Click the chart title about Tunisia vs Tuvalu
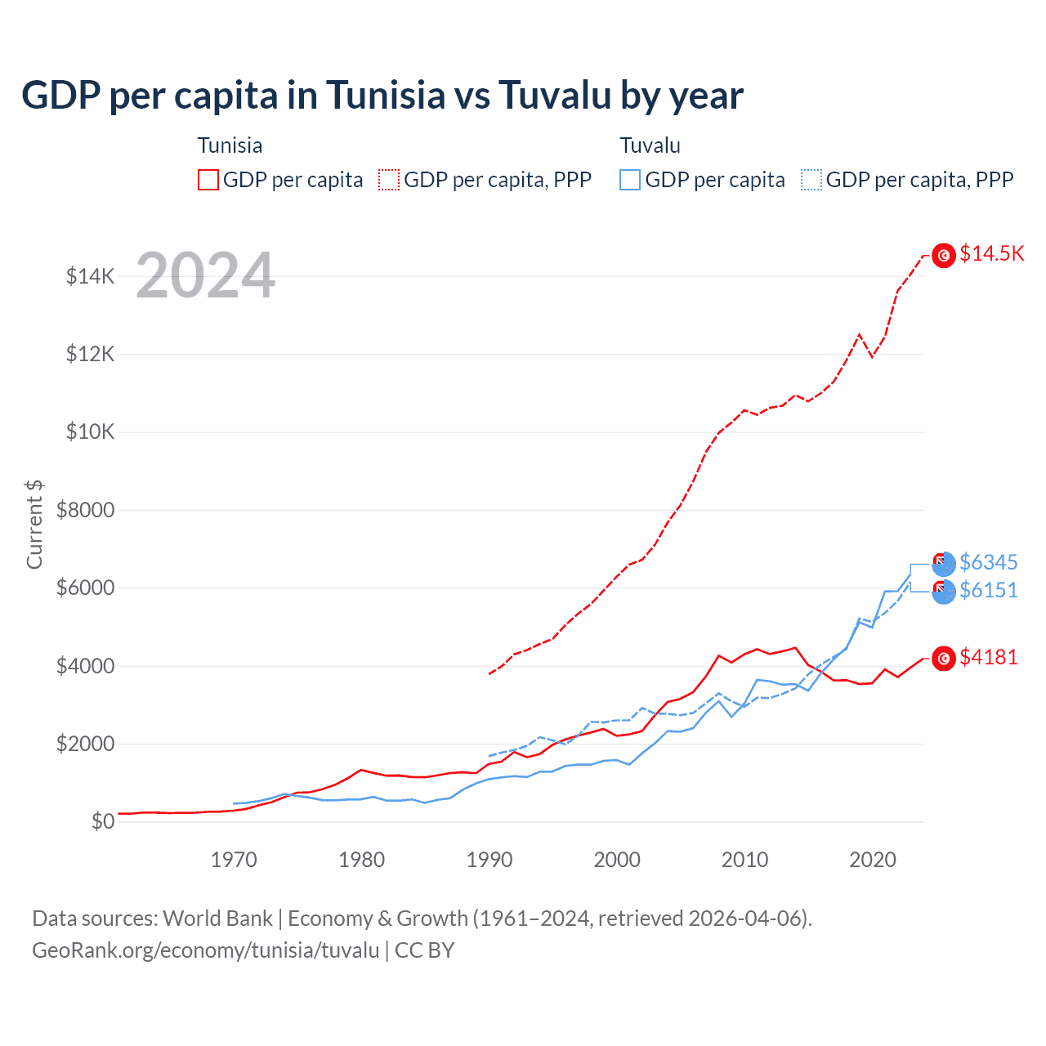[x=382, y=95]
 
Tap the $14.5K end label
[x=991, y=253]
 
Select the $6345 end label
[x=988, y=562]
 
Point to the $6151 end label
[x=988, y=590]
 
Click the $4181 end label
[x=988, y=657]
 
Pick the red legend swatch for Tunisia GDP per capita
[x=208, y=180]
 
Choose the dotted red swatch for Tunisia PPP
[x=389, y=180]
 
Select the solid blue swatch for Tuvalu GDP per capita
[x=630, y=180]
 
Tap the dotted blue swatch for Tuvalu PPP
[x=811, y=180]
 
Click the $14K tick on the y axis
[x=91, y=276]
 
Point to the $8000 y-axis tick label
[x=85, y=511]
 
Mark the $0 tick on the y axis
[x=102, y=821]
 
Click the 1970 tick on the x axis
[x=234, y=860]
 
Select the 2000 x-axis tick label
[x=617, y=860]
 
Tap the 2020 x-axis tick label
[x=873, y=860]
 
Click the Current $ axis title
[x=34, y=524]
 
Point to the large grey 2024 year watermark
[x=205, y=275]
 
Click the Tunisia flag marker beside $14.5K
[x=944, y=256]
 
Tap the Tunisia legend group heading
[x=230, y=145]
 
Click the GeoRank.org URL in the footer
[x=205, y=950]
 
